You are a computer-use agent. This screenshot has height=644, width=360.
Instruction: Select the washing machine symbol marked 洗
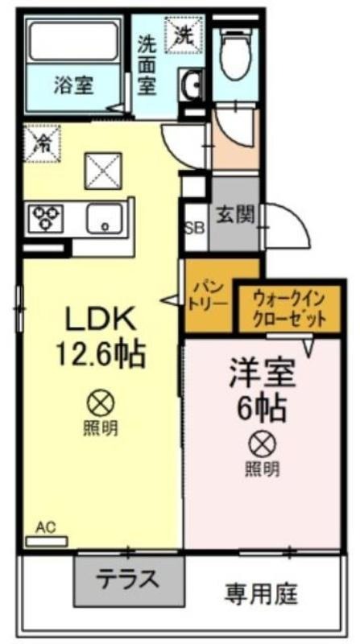click(x=184, y=35)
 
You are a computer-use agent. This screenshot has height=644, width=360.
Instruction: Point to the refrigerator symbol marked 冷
click(x=42, y=143)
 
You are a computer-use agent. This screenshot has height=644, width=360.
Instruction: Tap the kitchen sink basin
click(x=105, y=218)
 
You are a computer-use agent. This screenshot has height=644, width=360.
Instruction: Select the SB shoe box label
click(x=194, y=229)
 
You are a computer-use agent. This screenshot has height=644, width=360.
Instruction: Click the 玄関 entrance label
click(x=235, y=213)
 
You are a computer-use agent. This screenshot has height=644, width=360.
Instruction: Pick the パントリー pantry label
click(x=209, y=294)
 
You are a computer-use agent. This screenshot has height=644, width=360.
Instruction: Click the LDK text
click(x=101, y=320)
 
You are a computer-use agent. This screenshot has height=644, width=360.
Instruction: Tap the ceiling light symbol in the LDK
click(x=101, y=403)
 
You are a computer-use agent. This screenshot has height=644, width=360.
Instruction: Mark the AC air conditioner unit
click(x=47, y=541)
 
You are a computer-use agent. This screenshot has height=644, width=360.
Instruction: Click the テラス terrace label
click(x=127, y=580)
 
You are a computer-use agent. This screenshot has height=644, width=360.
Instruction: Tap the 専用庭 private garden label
click(x=261, y=593)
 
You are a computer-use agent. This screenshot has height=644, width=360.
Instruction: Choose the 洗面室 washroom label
click(x=147, y=65)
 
